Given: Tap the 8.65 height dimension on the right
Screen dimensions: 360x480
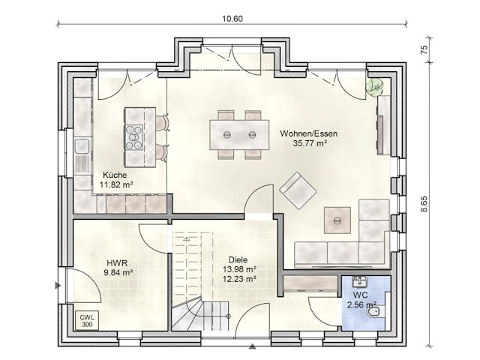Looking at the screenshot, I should click(424, 204).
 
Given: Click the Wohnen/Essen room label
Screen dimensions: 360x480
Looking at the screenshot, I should click(309, 133).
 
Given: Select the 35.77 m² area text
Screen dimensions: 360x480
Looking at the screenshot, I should click(309, 143).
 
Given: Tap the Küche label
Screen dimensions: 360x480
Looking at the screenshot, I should click(115, 174).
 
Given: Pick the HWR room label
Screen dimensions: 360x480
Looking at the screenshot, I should click(116, 262).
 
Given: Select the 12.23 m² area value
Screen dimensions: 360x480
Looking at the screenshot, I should click(240, 278).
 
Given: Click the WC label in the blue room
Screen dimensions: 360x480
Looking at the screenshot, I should click(359, 295).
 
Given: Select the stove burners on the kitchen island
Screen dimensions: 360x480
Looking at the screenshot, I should click(134, 137).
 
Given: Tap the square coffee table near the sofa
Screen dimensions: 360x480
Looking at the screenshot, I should click(337, 220).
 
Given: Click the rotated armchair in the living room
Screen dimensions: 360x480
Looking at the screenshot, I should click(298, 190).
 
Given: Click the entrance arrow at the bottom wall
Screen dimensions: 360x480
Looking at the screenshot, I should click(252, 346).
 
